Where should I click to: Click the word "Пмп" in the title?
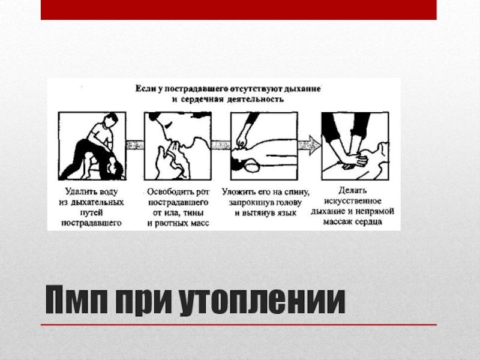point(77,299)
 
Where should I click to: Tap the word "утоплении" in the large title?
point(262,301)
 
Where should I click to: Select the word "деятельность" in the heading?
point(256,100)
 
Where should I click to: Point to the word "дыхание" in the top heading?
point(302,89)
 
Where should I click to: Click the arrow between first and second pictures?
point(135,145)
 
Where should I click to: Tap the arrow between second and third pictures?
point(221,145)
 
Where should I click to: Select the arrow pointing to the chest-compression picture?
point(310,145)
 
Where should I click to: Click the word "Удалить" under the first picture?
point(79,192)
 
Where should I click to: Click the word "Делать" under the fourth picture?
point(352,190)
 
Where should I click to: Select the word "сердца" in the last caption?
point(370,221)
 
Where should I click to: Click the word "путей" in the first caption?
point(91,213)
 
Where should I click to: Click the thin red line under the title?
point(238,325)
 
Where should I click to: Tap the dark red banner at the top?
point(238,10)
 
